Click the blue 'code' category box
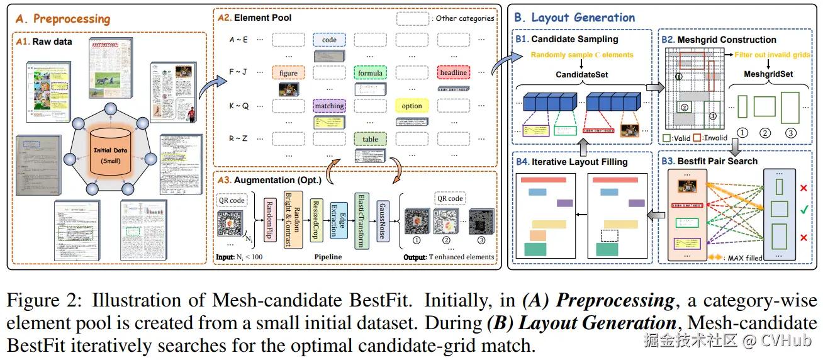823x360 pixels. pyautogui.click(x=329, y=40)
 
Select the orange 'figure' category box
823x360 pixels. pyautogui.click(x=288, y=73)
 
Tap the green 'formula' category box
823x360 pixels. pyautogui.click(x=370, y=73)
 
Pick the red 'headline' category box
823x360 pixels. pyautogui.click(x=453, y=73)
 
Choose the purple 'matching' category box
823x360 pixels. pyautogui.click(x=329, y=106)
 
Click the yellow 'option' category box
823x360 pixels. pyautogui.click(x=411, y=106)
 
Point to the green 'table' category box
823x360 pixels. pyautogui.click(x=370, y=139)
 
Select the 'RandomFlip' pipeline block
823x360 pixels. pyautogui.click(x=268, y=217)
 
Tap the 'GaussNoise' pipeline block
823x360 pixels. pyautogui.click(x=383, y=218)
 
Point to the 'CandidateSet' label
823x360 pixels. pyautogui.click(x=582, y=75)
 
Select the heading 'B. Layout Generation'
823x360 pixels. pyautogui.click(x=574, y=17)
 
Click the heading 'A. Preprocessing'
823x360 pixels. pyautogui.click(x=71, y=19)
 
